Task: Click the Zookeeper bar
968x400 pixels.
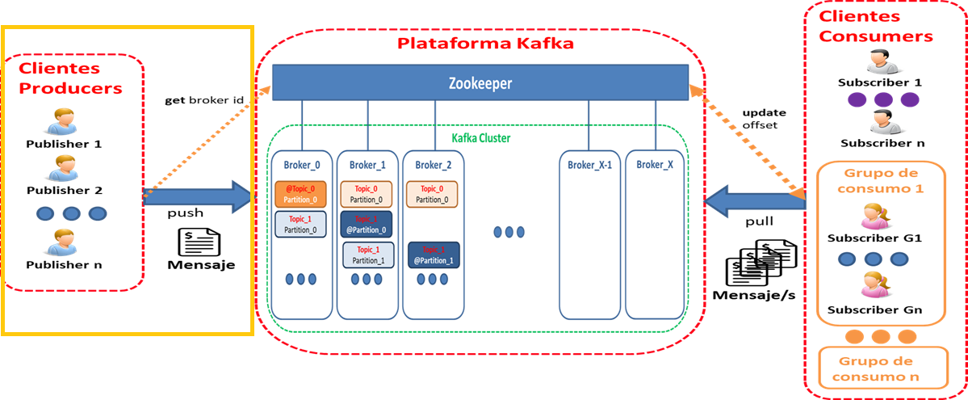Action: pos(480,83)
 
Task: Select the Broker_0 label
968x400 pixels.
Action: pos(302,165)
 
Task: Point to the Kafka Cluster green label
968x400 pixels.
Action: pos(480,138)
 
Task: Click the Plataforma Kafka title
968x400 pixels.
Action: pos(485,44)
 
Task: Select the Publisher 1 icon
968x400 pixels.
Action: pos(63,120)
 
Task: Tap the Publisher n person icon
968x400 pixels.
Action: pos(63,242)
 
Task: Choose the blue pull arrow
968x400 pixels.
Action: pos(754,200)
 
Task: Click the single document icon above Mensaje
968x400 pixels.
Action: pos(199,241)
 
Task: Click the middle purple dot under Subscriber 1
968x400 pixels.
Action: pos(882,99)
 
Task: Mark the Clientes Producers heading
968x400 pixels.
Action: pos(71,78)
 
